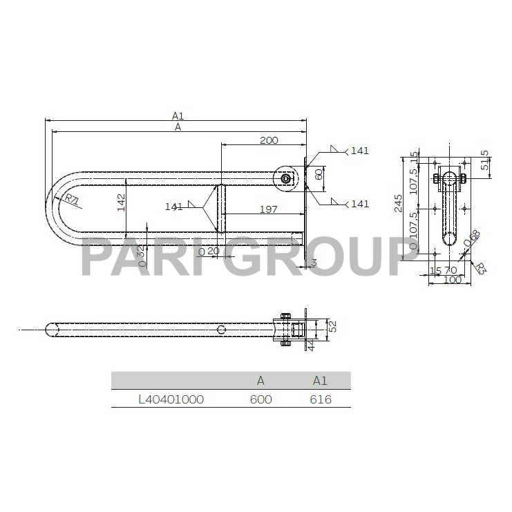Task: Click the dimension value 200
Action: pyautogui.click(x=269, y=140)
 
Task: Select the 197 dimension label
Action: pyautogui.click(x=269, y=209)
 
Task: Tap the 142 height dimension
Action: pyautogui.click(x=121, y=202)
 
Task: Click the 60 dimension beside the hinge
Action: pyautogui.click(x=319, y=174)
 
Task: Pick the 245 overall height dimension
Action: pyautogui.click(x=399, y=202)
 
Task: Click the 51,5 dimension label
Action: pyautogui.click(x=485, y=164)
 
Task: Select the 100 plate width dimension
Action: pyautogui.click(x=452, y=281)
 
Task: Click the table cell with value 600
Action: pyautogui.click(x=261, y=399)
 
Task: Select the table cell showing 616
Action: pyautogui.click(x=321, y=399)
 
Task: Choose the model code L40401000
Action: pyautogui.click(x=171, y=399)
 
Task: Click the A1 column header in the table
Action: pyautogui.click(x=321, y=380)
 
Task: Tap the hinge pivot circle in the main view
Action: pyautogui.click(x=285, y=178)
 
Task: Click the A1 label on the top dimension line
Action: pyautogui.click(x=178, y=116)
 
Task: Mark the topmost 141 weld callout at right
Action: pyautogui.click(x=360, y=151)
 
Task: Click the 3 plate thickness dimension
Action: pyautogui.click(x=313, y=263)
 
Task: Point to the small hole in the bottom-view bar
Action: pyautogui.click(x=220, y=330)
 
